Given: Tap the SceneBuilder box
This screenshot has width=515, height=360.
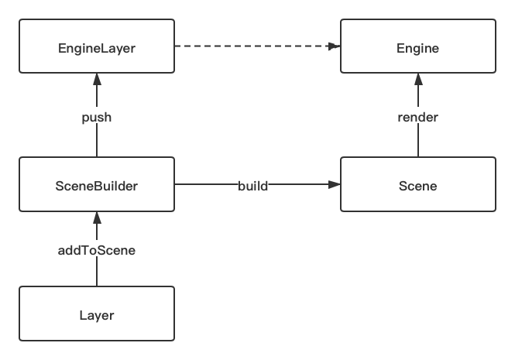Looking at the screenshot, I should pyautogui.click(x=97, y=185).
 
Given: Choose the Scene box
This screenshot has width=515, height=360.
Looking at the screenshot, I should pyautogui.click(x=418, y=185).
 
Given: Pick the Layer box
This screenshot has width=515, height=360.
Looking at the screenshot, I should pyautogui.click(x=97, y=314).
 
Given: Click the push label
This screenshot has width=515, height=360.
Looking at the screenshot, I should pyautogui.click(x=97, y=118).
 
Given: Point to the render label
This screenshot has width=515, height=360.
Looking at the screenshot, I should pyautogui.click(x=418, y=118).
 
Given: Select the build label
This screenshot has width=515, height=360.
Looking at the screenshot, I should pyautogui.click(x=252, y=186).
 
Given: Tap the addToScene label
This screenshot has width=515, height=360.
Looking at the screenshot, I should pyautogui.click(x=97, y=250).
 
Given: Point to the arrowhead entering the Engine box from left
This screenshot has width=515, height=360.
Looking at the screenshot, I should pyautogui.click(x=335, y=46).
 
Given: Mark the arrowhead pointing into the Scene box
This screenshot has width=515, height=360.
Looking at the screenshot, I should pyautogui.click(x=335, y=185).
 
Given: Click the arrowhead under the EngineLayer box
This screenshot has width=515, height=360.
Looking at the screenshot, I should pyautogui.click(x=97, y=78).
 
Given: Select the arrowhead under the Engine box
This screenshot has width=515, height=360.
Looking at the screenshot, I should pyautogui.click(x=418, y=78).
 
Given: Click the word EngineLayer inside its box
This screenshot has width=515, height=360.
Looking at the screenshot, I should pyautogui.click(x=97, y=49).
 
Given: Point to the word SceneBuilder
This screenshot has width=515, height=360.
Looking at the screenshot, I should pyautogui.click(x=97, y=186).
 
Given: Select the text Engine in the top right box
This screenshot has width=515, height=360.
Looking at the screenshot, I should pyautogui.click(x=418, y=49).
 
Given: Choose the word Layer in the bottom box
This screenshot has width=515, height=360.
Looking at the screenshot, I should pyautogui.click(x=97, y=315).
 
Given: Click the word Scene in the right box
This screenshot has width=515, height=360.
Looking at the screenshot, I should pyautogui.click(x=418, y=186).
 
